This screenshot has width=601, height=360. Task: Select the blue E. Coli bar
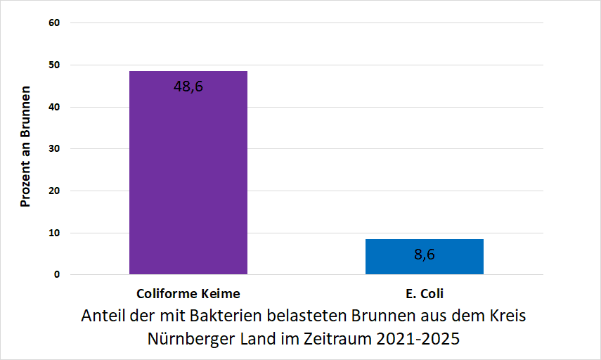pyautogui.click(x=424, y=257)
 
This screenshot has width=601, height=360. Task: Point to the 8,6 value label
pyautogui.click(x=424, y=255)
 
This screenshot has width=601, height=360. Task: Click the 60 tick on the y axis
pyautogui.click(x=55, y=22)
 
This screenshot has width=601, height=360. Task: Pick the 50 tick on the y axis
pyautogui.click(x=55, y=65)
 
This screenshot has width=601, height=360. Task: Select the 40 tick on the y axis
pyautogui.click(x=55, y=107)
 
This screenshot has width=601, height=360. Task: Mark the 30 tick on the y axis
pyautogui.click(x=55, y=149)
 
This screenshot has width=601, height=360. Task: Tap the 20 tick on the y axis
pyautogui.click(x=55, y=191)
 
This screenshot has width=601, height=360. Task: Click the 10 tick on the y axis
pyautogui.click(x=55, y=233)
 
